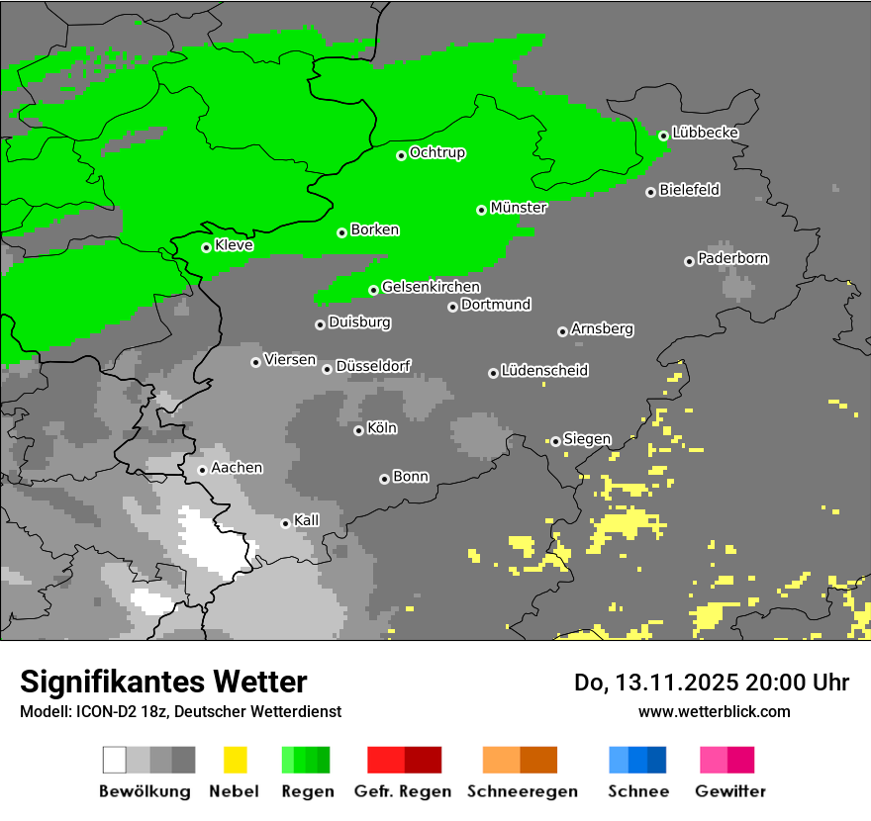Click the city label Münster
point(519,208)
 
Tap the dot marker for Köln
point(358,430)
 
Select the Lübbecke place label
point(705,133)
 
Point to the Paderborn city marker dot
point(689,261)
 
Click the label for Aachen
point(238,467)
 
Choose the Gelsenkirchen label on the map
point(431,287)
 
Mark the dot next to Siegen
point(556,441)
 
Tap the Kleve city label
point(234,244)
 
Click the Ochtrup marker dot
point(401,155)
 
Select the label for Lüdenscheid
point(544,371)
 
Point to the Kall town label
point(307,520)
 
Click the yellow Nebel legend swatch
point(235,760)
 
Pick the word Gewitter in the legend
point(730,791)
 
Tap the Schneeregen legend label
point(523,791)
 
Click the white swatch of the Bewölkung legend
point(115,760)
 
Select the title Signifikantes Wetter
point(163,682)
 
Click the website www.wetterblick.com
point(714,711)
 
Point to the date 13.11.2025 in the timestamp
point(667,683)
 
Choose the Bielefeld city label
point(689,190)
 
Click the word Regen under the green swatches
point(307,791)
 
